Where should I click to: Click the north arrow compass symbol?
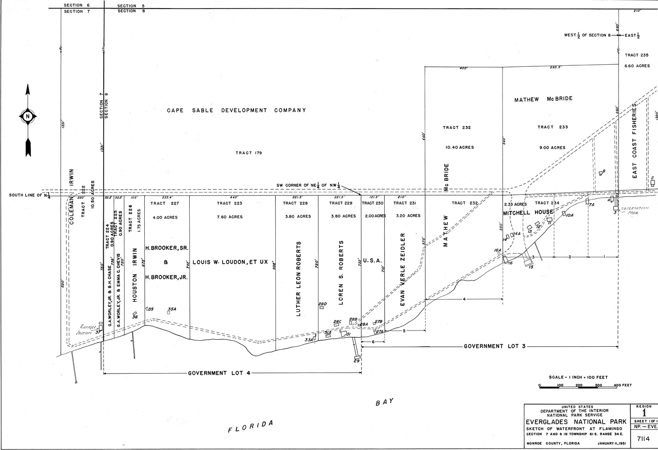coord(28,116)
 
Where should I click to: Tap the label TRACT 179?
coord(249,152)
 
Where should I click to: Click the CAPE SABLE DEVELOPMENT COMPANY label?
coord(236,110)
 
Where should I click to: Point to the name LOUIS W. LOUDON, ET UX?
coord(232,263)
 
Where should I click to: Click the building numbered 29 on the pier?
coord(357,356)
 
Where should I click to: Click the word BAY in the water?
coord(384,402)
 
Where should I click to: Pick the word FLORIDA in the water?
coord(250,426)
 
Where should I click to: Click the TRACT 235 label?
coord(636,55)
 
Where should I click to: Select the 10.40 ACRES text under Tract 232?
coord(457,147)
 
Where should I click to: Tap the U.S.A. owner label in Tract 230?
coord(372,261)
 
